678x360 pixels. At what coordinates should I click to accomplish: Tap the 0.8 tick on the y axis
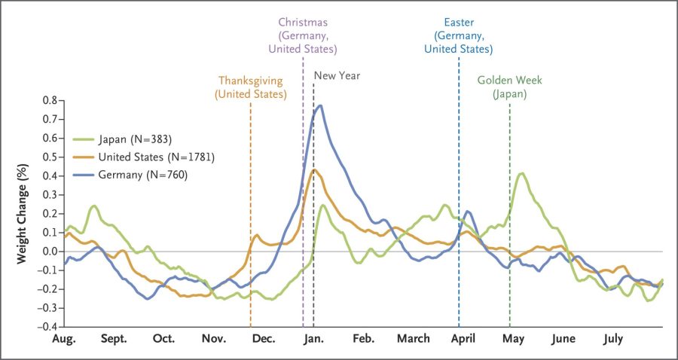[50, 100]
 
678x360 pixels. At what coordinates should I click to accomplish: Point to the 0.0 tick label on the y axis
[50, 252]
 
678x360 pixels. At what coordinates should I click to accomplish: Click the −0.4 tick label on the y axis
[47, 327]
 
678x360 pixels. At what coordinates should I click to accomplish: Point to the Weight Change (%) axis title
[23, 213]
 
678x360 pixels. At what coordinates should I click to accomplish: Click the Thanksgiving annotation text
[250, 87]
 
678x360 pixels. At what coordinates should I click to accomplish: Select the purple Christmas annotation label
[303, 35]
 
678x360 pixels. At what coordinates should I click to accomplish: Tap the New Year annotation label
[337, 75]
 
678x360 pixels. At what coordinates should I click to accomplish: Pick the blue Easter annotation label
[458, 35]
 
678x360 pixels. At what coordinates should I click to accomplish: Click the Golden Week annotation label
[509, 87]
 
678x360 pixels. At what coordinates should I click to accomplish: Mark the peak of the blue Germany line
[321, 105]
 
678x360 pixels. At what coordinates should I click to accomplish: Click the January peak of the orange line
[314, 169]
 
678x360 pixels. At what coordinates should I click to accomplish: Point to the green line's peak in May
[521, 173]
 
